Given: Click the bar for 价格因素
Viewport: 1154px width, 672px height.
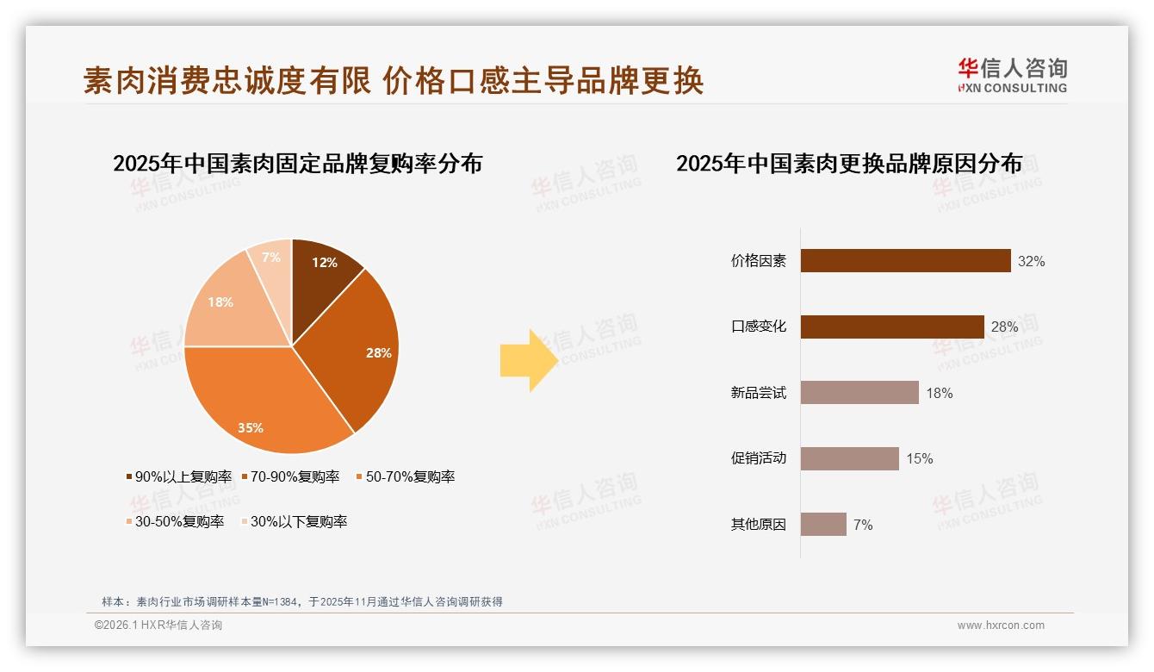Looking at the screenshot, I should [x=905, y=261].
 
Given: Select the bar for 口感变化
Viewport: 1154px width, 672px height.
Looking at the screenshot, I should [x=892, y=327].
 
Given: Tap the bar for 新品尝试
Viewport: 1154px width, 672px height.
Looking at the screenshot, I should [x=859, y=393].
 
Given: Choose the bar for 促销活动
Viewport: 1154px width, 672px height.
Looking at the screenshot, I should [x=849, y=458].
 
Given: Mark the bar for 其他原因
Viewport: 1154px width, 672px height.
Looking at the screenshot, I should [x=823, y=524].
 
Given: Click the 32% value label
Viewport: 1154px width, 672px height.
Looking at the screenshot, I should [x=1031, y=261].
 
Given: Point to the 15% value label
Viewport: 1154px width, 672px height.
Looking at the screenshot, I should [x=919, y=458].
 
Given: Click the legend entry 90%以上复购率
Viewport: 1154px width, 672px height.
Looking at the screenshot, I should [x=179, y=476].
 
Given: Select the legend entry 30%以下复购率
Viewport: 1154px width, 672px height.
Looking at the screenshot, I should [x=294, y=521].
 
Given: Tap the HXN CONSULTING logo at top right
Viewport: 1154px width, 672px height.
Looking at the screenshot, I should [x=1012, y=75].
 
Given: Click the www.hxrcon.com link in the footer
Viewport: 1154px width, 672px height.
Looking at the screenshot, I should [x=1001, y=625].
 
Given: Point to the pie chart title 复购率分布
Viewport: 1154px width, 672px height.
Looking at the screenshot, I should [x=297, y=163].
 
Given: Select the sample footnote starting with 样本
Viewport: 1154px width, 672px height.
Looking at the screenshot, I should [x=301, y=601].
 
